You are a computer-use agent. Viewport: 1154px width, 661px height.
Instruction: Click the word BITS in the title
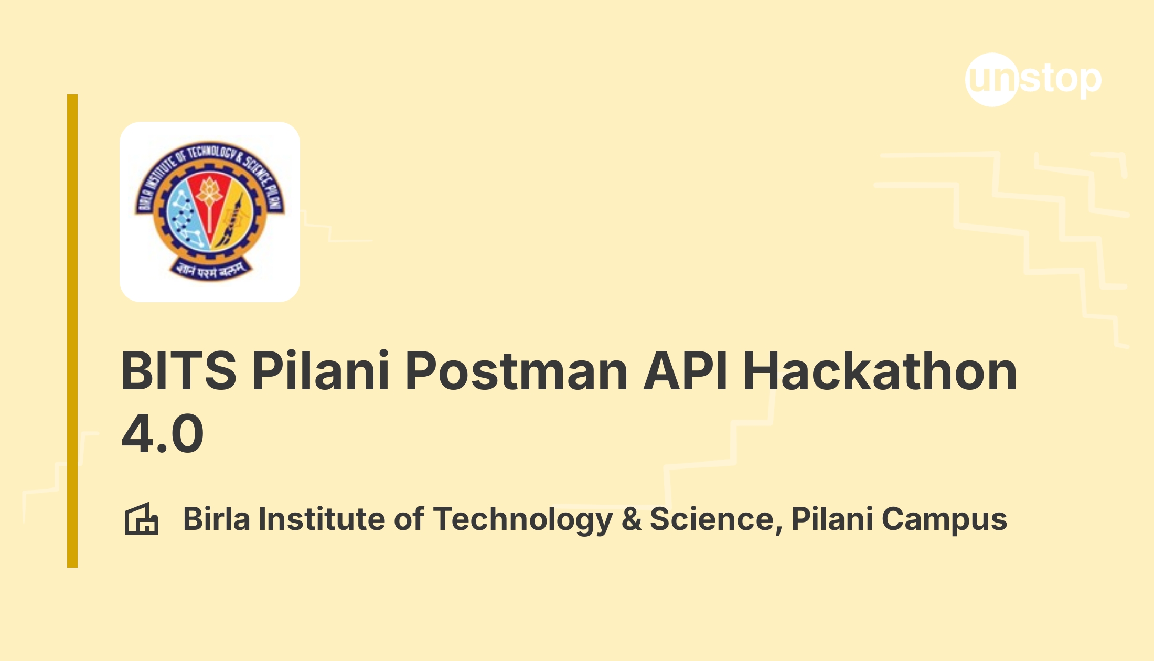[x=179, y=371]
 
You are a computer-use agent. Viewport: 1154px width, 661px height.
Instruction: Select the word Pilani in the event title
[x=320, y=371]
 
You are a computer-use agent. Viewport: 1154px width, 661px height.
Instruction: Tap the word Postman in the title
[x=517, y=371]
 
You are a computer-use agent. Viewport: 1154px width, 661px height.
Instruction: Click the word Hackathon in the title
[x=880, y=371]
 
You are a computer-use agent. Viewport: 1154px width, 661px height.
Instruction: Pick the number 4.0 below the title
[x=163, y=434]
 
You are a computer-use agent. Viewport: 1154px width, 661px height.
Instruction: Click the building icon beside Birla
[x=141, y=519]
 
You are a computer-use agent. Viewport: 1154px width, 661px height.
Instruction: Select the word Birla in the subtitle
[x=217, y=519]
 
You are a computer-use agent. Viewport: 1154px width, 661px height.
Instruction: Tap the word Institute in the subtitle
[x=322, y=519]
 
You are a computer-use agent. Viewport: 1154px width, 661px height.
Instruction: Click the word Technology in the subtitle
[x=522, y=519]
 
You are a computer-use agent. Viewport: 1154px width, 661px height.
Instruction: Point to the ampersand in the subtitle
[x=632, y=519]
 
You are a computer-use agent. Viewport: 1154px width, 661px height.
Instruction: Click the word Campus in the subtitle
[x=944, y=519]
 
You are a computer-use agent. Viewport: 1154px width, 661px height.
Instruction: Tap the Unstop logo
[x=1033, y=80]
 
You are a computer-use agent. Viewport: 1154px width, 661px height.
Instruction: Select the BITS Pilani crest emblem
[x=210, y=211]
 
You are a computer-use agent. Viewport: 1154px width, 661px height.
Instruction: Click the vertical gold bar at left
[x=72, y=330]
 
